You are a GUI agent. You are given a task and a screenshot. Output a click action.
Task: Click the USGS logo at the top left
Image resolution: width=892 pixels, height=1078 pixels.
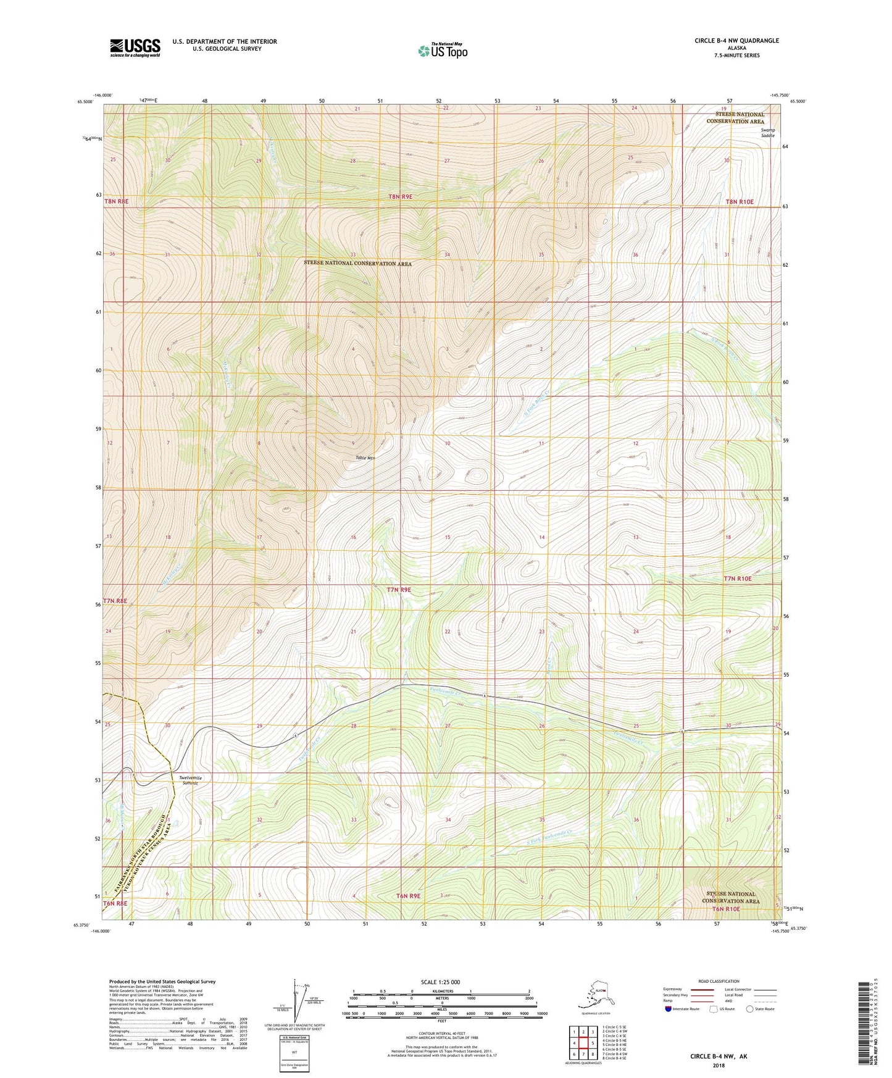[135, 48]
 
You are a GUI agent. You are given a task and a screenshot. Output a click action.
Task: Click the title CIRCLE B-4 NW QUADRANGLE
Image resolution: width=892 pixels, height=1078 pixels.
[736, 41]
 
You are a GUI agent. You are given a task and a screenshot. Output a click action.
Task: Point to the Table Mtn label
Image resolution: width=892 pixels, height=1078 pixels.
[365, 458]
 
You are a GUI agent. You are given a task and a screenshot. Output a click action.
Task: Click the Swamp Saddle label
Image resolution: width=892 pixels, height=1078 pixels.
[767, 133]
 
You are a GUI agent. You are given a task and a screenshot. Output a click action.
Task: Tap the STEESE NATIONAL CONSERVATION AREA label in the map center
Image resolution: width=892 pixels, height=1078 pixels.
[357, 264]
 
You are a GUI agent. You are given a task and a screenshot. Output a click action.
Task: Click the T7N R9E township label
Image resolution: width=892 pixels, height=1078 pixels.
[399, 590]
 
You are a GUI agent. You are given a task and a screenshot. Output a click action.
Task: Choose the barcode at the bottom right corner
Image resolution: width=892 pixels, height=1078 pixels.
[866, 1030]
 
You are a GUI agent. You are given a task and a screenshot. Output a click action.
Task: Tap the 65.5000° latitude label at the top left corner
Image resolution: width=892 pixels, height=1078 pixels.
[84, 102]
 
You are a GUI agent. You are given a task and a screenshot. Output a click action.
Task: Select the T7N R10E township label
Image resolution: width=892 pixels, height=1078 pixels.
[738, 579]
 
